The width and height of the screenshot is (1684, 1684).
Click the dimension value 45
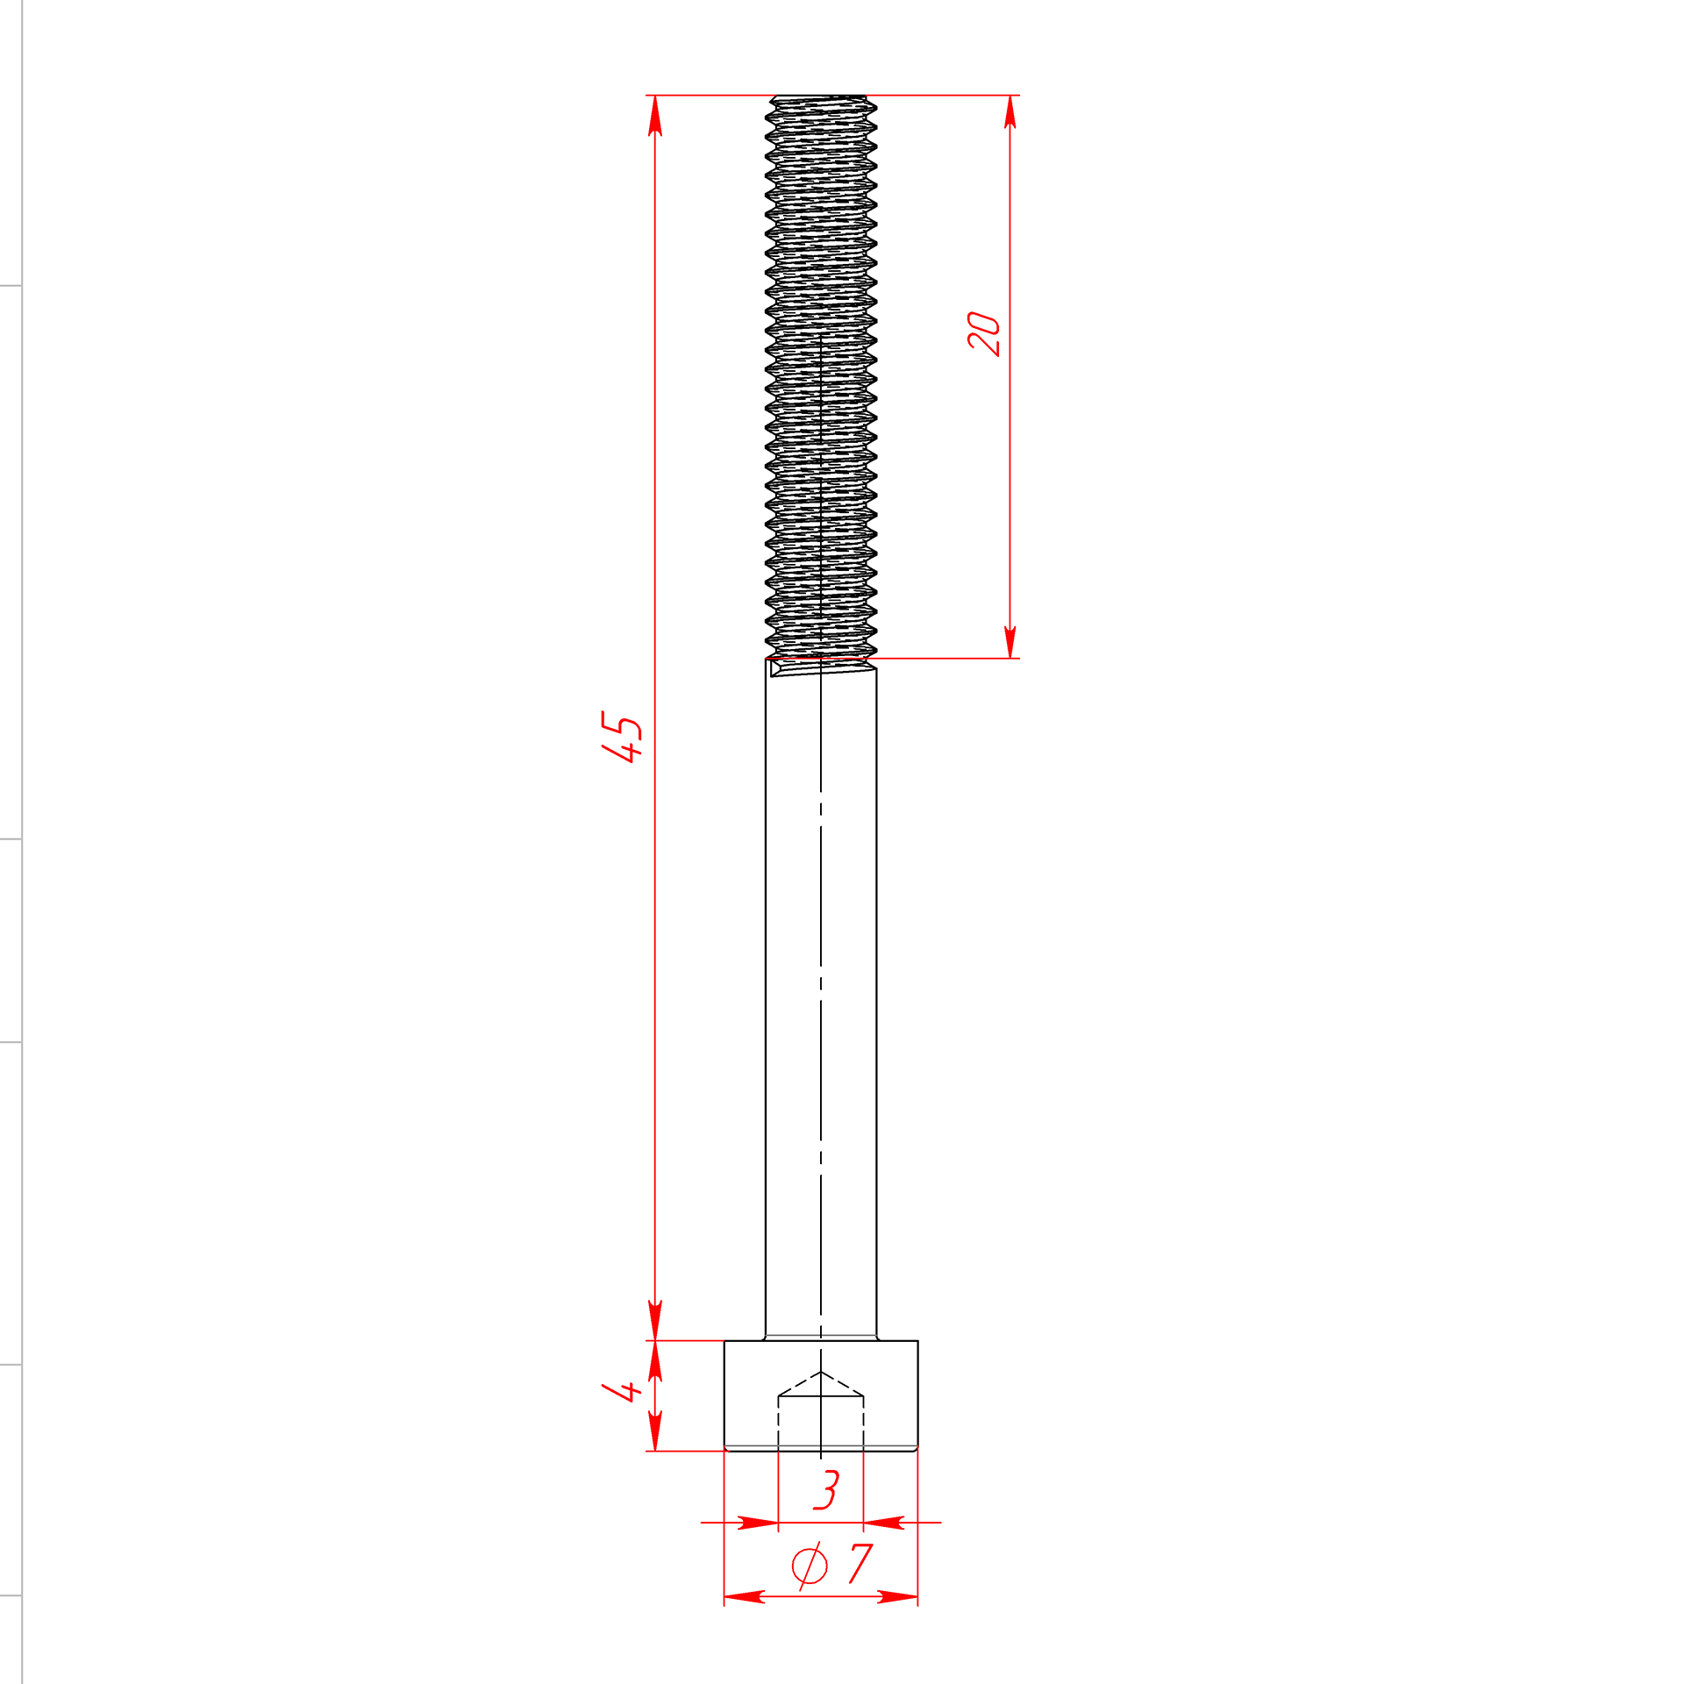point(622,737)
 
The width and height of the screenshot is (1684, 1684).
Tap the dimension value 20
point(984,333)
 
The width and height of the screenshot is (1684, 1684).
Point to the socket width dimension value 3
point(826,1489)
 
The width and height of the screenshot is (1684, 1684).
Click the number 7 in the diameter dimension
point(861,1564)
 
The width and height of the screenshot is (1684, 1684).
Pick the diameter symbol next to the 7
point(810,1566)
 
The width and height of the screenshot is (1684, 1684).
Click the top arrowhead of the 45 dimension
point(655,116)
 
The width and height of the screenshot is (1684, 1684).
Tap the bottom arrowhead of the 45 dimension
point(655,1320)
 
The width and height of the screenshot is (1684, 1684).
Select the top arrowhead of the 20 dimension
point(1010,112)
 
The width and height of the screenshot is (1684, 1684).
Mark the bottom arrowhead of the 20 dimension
point(1010,642)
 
